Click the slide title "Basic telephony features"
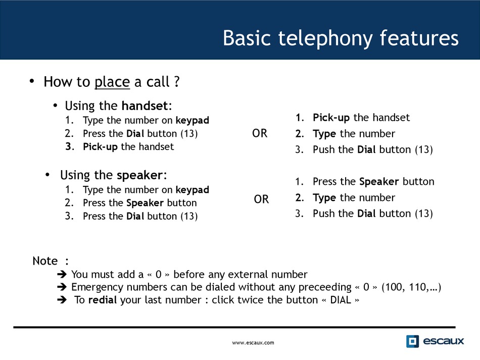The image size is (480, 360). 341,38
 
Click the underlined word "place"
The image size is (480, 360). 112,82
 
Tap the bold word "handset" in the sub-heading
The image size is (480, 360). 145,106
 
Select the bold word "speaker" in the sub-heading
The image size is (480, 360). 139,175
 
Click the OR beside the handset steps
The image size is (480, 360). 260,133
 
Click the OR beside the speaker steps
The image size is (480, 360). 261,199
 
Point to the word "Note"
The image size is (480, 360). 45,261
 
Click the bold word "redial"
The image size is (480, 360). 102,300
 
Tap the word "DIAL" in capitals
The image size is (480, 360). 341,300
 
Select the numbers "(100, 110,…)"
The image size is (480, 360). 411,287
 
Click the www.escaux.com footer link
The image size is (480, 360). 253,343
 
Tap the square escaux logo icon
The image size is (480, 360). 412,341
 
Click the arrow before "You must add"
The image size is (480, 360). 62,274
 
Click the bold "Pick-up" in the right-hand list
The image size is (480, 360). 331,118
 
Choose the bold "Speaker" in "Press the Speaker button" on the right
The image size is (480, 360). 379,182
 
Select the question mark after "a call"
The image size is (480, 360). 177,82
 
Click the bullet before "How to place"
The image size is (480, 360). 32,81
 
